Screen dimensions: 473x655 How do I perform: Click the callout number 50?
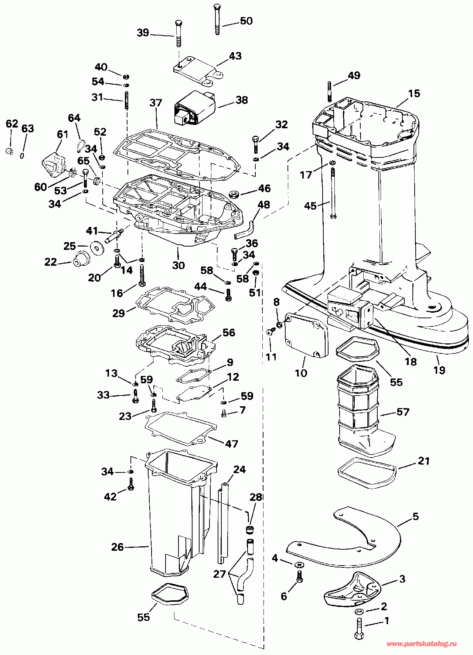click(x=246, y=21)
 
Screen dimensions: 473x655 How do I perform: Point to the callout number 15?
click(x=414, y=93)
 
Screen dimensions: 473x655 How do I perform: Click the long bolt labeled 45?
click(x=333, y=193)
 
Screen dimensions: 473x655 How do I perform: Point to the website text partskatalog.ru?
click(x=422, y=644)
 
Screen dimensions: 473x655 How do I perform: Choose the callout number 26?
click(x=118, y=547)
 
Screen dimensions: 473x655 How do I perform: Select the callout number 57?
click(x=403, y=412)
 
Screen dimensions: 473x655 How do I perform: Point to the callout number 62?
click(x=12, y=123)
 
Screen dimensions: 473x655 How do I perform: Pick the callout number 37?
click(x=156, y=103)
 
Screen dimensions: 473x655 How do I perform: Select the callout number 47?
click(x=232, y=444)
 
